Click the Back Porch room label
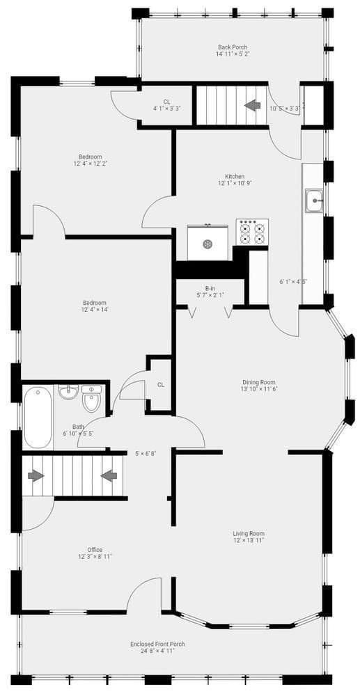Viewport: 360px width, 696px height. (x=233, y=47)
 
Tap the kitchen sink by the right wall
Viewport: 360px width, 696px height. (x=314, y=200)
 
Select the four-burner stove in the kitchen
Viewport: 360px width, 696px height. (x=252, y=232)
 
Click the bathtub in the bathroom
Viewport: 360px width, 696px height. (x=38, y=417)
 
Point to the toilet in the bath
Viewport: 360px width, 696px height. (x=92, y=398)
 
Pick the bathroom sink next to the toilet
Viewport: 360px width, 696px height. (x=68, y=392)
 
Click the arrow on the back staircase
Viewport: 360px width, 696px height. (x=252, y=105)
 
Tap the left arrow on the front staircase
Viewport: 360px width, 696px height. (x=36, y=476)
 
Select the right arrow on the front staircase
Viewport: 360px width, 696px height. (x=109, y=476)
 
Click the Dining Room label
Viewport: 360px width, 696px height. (x=259, y=382)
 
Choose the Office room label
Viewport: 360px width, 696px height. (x=95, y=550)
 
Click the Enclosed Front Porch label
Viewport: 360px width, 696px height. (x=157, y=644)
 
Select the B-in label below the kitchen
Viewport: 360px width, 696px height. (x=210, y=288)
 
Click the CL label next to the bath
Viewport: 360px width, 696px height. (x=161, y=385)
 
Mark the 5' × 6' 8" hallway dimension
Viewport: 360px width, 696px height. (x=146, y=454)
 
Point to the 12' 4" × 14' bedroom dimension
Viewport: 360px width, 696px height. (x=95, y=310)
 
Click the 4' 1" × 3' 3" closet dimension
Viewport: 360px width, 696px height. (x=166, y=108)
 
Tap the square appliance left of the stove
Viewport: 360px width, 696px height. (x=208, y=242)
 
